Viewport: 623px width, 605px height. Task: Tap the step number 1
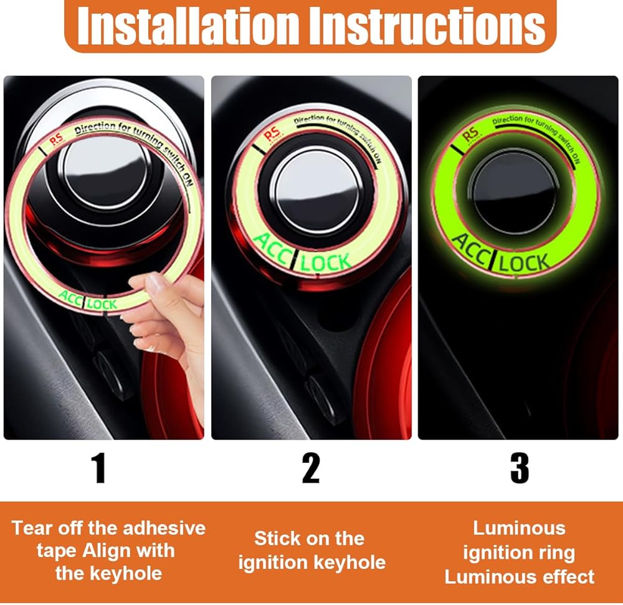[x=98, y=468]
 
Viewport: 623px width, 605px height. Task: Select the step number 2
[x=311, y=468]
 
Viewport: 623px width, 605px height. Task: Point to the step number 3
[x=520, y=468]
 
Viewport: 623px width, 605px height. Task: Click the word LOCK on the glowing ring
[x=524, y=264]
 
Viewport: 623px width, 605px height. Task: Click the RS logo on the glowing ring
[x=471, y=134]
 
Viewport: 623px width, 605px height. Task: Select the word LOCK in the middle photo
[x=325, y=262]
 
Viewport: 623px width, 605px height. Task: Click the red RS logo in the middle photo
[x=272, y=134]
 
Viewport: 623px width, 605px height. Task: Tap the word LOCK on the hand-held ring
[x=102, y=304]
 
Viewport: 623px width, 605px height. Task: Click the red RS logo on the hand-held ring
[x=56, y=139]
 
